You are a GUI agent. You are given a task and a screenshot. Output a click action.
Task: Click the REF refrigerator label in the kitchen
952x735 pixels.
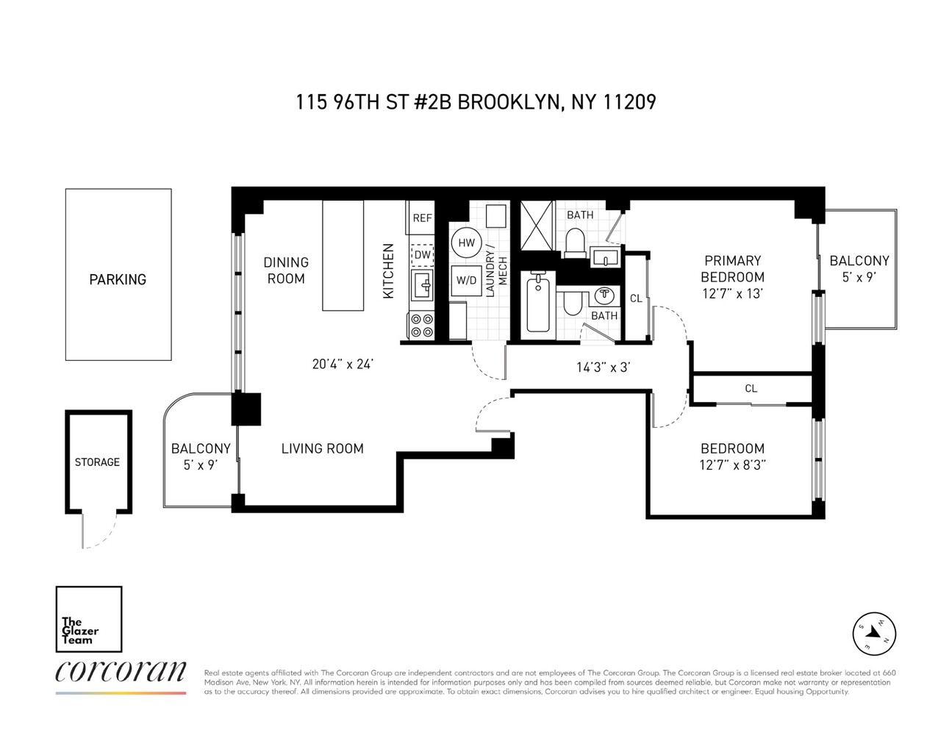pos(422,218)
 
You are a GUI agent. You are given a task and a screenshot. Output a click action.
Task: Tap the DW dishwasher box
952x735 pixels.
pos(422,254)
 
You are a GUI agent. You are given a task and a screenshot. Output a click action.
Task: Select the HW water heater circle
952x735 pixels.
pos(466,243)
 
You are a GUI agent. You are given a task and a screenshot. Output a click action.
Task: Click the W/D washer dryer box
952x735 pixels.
pos(466,280)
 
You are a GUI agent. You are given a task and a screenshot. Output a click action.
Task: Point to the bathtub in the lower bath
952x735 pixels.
pos(538,304)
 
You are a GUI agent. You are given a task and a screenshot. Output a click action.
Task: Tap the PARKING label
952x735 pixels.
pos(118,279)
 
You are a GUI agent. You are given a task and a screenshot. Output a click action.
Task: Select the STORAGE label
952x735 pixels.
pos(97,462)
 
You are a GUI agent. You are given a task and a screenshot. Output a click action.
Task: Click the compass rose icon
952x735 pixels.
pos(874,633)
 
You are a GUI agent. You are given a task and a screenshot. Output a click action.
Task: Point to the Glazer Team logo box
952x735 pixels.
pos(89,619)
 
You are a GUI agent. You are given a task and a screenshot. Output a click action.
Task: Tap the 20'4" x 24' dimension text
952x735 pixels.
pos(343,364)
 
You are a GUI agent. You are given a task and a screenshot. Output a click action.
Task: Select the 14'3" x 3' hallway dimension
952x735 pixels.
pos(603,367)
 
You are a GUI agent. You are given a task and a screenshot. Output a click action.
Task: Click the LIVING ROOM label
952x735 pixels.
pos(322,448)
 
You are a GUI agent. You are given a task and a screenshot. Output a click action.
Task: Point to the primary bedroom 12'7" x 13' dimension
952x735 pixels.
pos(732,293)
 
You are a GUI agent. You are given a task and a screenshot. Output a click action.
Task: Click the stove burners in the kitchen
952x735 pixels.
pos(422,326)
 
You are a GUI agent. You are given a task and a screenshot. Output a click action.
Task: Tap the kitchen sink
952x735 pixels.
pos(423,284)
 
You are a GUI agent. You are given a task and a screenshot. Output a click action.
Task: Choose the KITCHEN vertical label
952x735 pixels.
pos(389,270)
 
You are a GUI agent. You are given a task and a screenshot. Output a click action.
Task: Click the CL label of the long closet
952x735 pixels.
pos(751,388)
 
